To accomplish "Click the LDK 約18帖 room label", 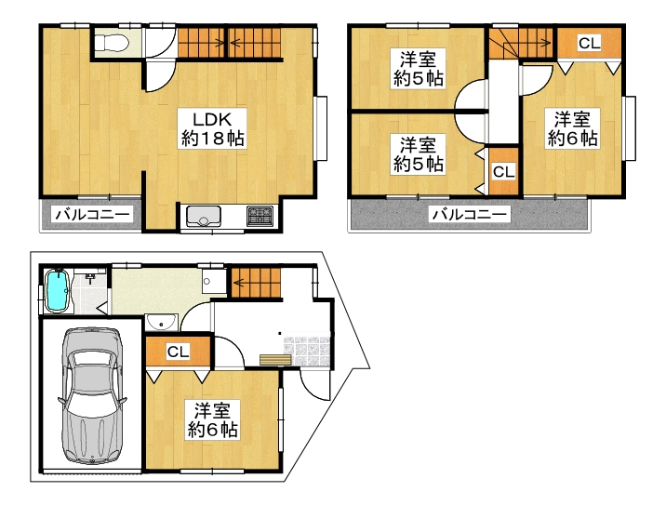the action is pyautogui.click(x=212, y=128).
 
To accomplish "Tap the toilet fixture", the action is pyautogui.click(x=112, y=43).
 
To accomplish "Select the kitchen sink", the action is pyautogui.click(x=204, y=216).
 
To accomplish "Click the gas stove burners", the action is pyautogui.click(x=260, y=216).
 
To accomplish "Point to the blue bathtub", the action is pyautogui.click(x=57, y=291).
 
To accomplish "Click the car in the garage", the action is pyautogui.click(x=92, y=395).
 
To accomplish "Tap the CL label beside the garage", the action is pyautogui.click(x=178, y=352).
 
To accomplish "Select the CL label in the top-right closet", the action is pyautogui.click(x=589, y=43).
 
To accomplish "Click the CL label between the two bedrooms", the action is pyautogui.click(x=504, y=172).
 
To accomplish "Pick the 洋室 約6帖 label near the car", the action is pyautogui.click(x=212, y=420).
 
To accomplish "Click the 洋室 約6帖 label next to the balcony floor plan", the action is pyautogui.click(x=573, y=128).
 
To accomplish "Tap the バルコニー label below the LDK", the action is pyautogui.click(x=93, y=215).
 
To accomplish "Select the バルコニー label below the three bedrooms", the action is pyautogui.click(x=470, y=215).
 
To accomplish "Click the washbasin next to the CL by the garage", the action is pyautogui.click(x=161, y=323).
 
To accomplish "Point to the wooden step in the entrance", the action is pyautogui.click(x=275, y=360).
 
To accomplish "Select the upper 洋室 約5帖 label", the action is pyautogui.click(x=418, y=69).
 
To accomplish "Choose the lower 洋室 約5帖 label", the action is pyautogui.click(x=418, y=154).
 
